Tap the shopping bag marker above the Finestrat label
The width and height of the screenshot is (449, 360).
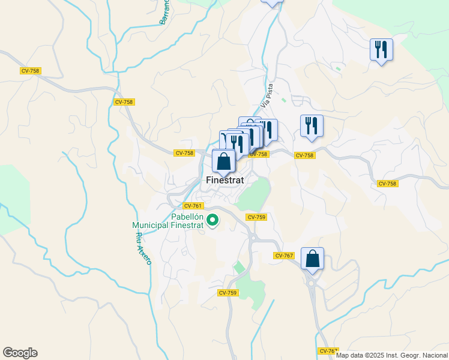(x=223, y=161)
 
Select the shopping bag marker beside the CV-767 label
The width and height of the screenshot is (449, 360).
(x=312, y=259)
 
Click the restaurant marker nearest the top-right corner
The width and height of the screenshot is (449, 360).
(x=381, y=50)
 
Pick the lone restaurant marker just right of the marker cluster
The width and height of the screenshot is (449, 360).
(x=312, y=127)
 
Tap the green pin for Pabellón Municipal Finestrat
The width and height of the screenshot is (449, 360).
(x=212, y=222)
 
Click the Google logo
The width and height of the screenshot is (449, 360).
(x=20, y=353)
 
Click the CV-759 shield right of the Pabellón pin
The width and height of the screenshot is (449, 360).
(x=256, y=217)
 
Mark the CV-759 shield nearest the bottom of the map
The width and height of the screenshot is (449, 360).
(x=228, y=293)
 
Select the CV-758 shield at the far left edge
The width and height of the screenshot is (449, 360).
(x=29, y=71)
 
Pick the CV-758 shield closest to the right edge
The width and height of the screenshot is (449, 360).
(x=387, y=183)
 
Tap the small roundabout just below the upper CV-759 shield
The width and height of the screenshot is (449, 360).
(x=253, y=238)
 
